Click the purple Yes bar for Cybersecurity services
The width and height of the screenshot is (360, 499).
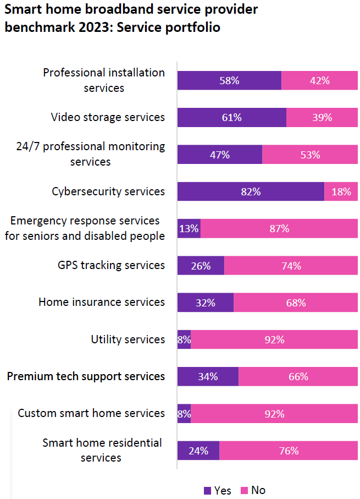[251, 191]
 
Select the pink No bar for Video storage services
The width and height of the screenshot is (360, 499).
[322, 117]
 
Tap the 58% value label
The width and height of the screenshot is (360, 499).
[229, 80]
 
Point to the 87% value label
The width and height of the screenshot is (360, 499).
[279, 228]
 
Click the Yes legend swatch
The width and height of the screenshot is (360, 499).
[207, 490]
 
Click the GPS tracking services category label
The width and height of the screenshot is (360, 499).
[111, 265]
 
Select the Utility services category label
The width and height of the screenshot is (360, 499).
[128, 339]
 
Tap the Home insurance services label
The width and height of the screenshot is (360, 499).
[102, 302]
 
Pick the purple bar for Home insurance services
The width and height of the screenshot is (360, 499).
[205, 302]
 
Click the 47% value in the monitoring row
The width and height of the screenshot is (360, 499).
[219, 155]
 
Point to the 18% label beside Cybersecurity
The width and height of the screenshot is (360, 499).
[341, 191]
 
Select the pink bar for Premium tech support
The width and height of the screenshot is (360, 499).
[298, 376]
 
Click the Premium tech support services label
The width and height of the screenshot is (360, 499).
[86, 376]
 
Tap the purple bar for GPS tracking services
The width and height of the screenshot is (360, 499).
[201, 265]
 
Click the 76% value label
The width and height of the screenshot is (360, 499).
[289, 451]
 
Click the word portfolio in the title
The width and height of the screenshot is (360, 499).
[193, 28]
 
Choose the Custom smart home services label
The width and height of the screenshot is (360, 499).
[91, 413]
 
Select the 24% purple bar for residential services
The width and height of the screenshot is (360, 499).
[198, 451]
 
